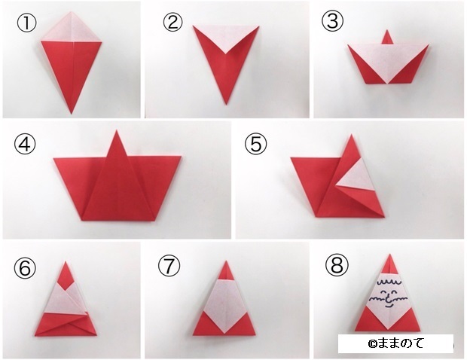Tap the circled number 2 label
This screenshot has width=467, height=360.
tap(173, 22)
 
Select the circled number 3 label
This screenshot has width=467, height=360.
tap(332, 22)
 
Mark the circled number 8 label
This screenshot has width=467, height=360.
tap(336, 265)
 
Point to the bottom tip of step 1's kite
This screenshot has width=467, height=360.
tap(71, 112)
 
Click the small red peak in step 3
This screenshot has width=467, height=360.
tap(388, 37)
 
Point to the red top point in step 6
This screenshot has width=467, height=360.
tap(66, 271)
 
